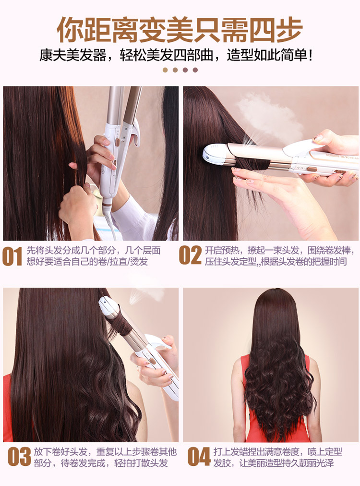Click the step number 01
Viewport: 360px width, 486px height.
point(12,256)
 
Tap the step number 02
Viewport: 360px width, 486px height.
point(190,255)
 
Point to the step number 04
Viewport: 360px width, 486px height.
point(199,456)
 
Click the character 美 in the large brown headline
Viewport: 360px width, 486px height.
point(180,30)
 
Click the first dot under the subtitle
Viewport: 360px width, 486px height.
point(165,70)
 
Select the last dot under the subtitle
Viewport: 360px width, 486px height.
point(195,70)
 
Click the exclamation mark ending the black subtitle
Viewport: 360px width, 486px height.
point(311,56)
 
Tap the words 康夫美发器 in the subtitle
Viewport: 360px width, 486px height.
point(72,56)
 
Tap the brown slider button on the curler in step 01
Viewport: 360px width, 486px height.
point(118,143)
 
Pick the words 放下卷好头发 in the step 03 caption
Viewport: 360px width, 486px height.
point(60,451)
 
